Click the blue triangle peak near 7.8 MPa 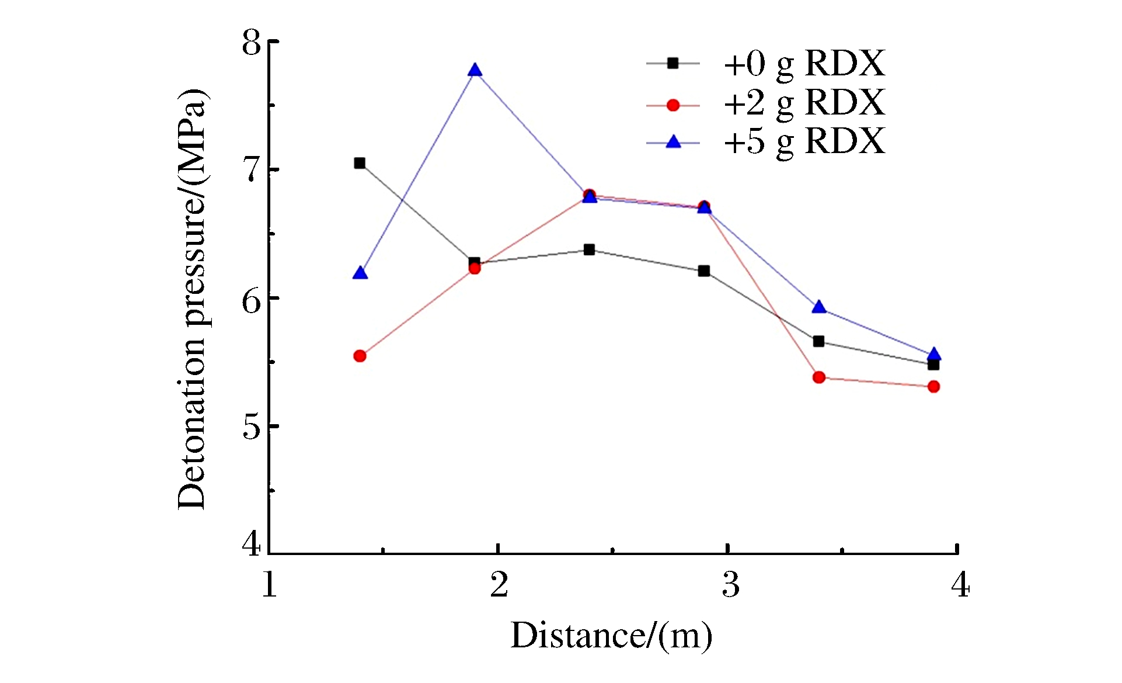[x=475, y=71]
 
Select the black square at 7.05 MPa [x=360, y=163]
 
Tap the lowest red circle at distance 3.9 [x=933, y=386]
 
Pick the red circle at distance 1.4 [x=360, y=356]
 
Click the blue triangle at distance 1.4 [x=360, y=273]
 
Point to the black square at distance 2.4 [x=589, y=250]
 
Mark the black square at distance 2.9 [x=704, y=271]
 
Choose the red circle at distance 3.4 [x=818, y=377]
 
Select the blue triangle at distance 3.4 [x=819, y=307]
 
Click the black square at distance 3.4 [x=818, y=341]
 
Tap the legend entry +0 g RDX [x=804, y=64]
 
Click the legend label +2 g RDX [x=804, y=103]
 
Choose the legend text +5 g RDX [x=804, y=141]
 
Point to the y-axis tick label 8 [x=252, y=42]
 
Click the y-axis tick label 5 [x=252, y=427]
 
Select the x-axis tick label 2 [x=499, y=584]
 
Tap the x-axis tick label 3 [x=730, y=584]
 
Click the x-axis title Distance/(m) [x=611, y=636]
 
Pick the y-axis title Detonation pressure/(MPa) [x=193, y=299]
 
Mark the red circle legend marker [x=673, y=105]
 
